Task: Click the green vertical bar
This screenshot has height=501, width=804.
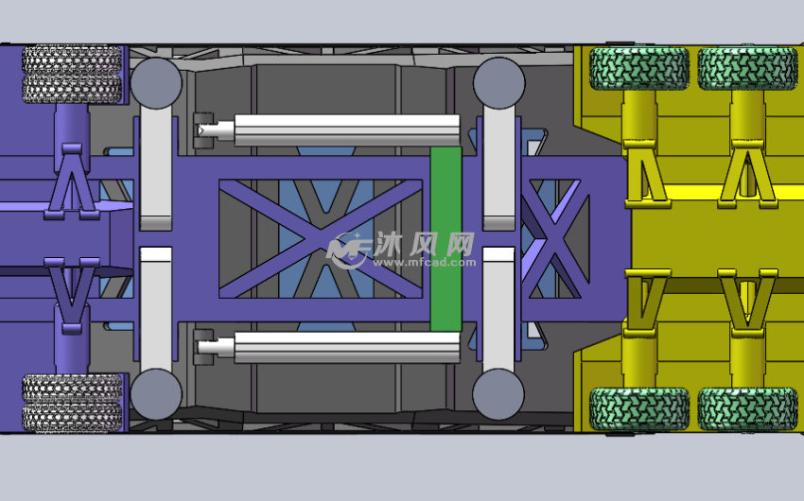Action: (446, 239)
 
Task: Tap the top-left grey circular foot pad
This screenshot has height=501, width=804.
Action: (156, 83)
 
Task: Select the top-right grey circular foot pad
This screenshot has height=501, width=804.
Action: (498, 82)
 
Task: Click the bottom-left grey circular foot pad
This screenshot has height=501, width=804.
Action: (156, 394)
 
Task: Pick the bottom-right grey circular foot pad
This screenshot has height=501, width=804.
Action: (498, 394)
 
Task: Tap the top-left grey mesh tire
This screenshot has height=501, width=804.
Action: (72, 75)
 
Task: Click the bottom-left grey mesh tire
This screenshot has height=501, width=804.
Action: (72, 403)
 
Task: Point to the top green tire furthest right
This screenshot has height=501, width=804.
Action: (748, 69)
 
